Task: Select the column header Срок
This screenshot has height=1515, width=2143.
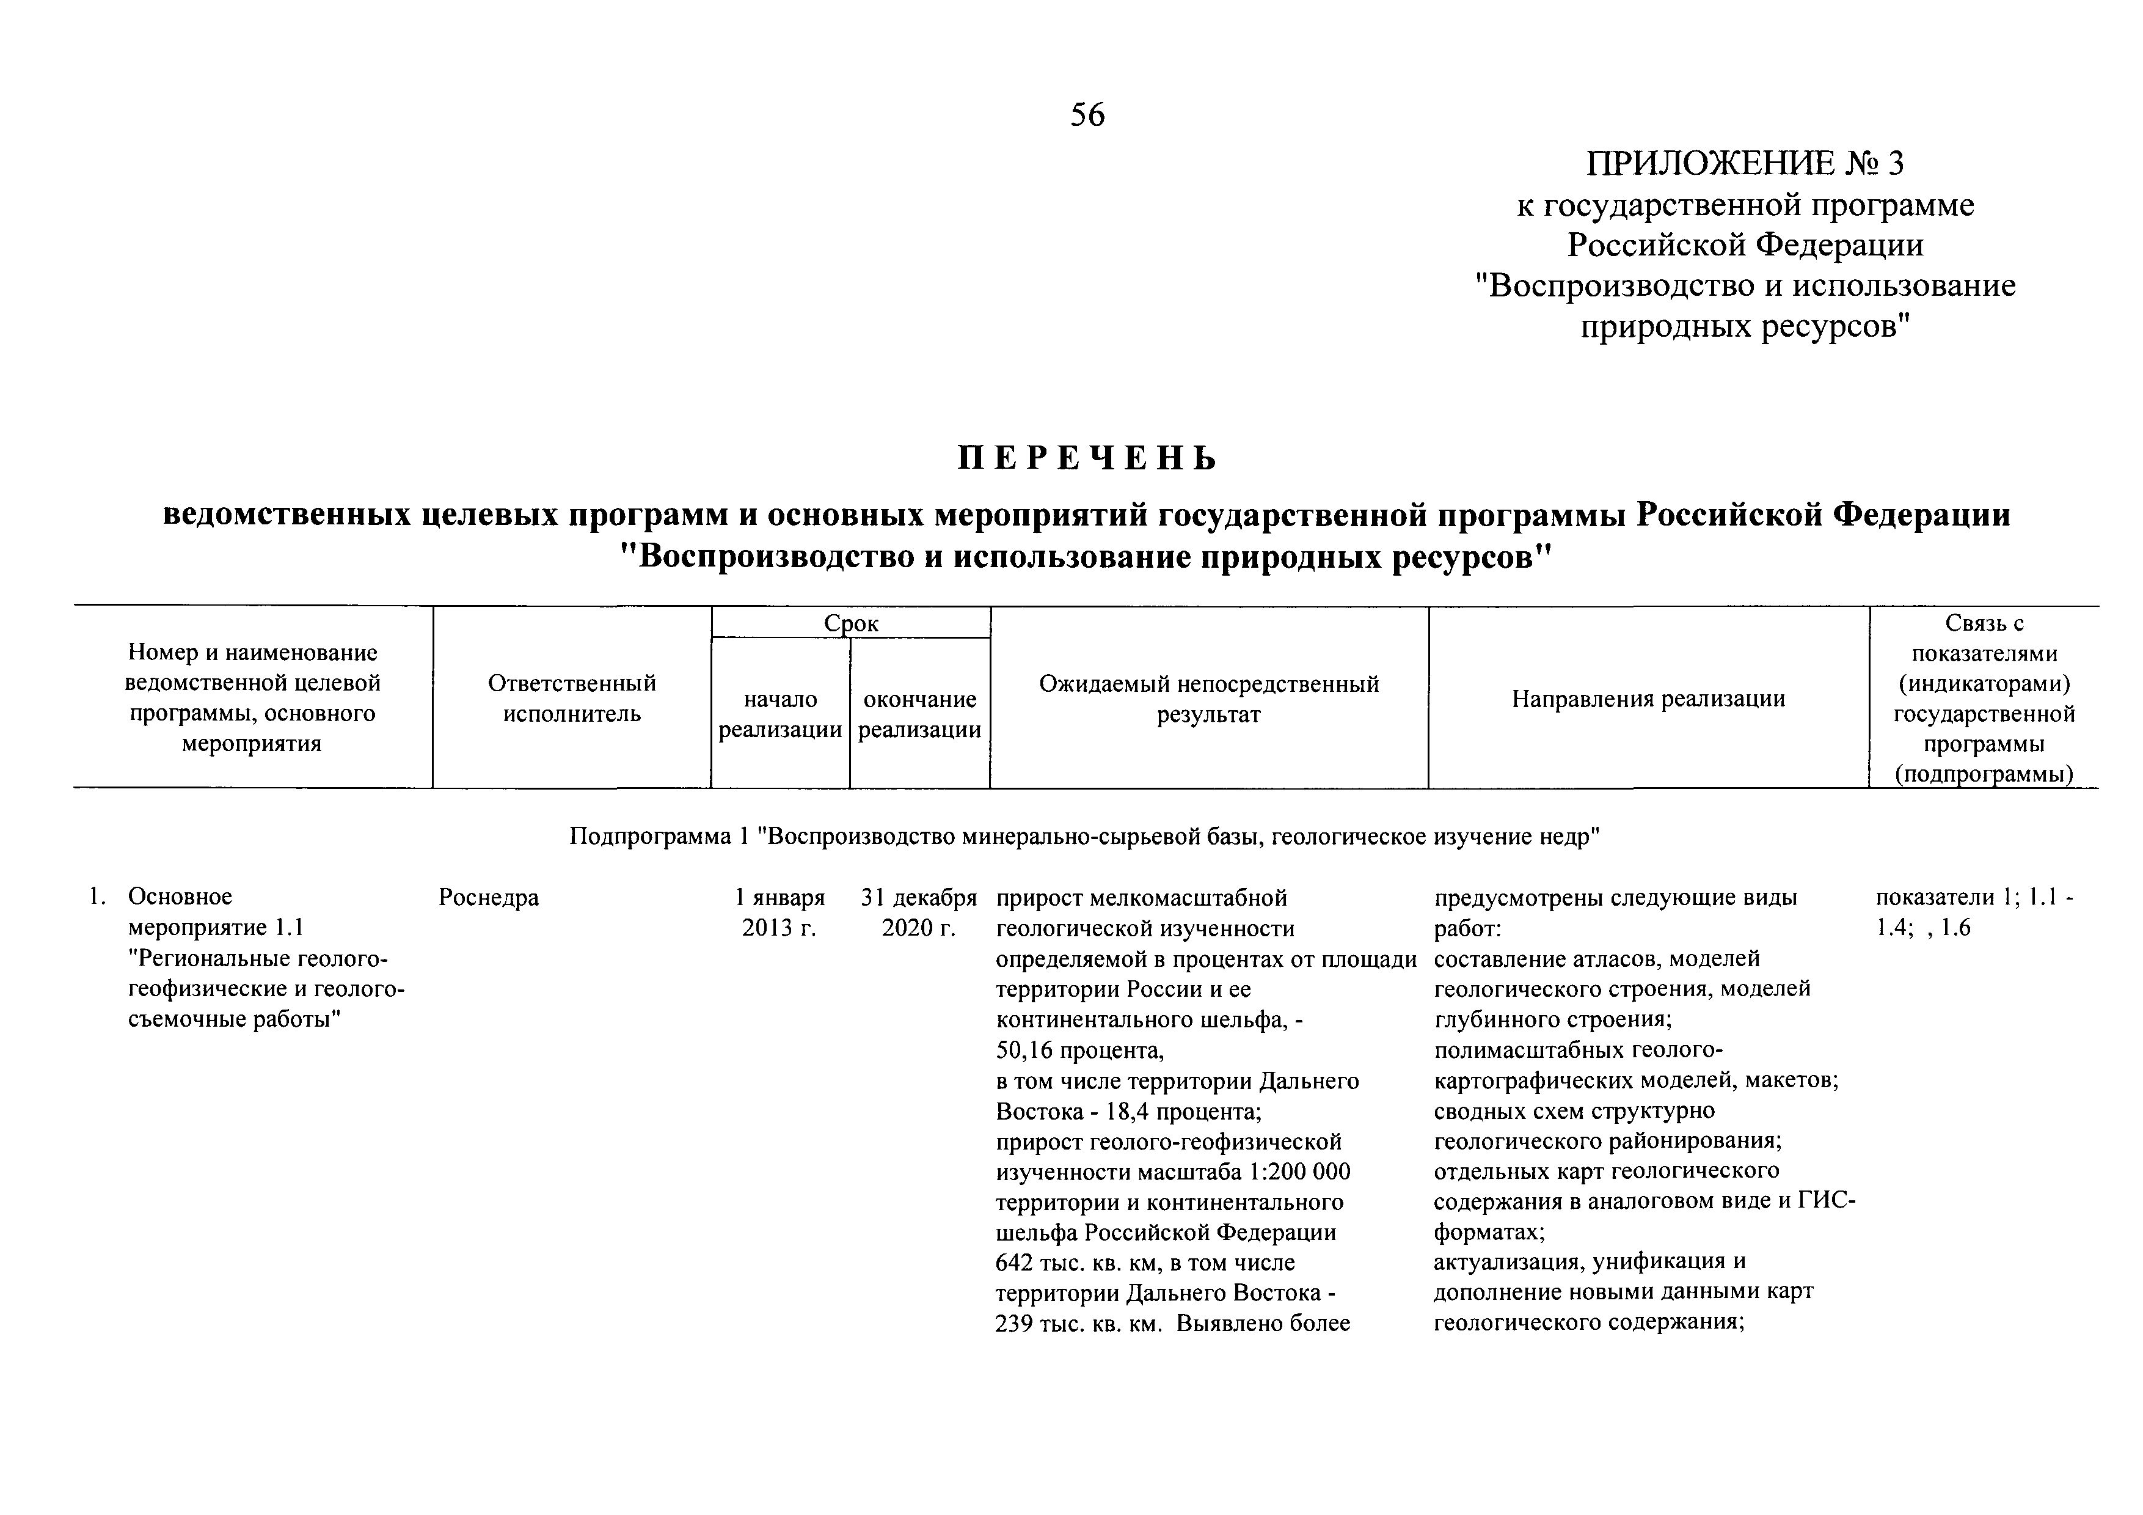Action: click(x=850, y=623)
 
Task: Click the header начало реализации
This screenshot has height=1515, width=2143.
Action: click(x=780, y=714)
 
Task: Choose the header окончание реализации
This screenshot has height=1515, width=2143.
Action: click(x=919, y=714)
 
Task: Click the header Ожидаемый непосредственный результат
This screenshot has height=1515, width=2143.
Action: click(x=1209, y=699)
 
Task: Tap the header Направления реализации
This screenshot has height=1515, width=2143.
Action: click(x=1648, y=699)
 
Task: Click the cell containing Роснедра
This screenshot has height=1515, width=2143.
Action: click(x=488, y=898)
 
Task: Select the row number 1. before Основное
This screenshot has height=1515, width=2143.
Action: click(x=95, y=898)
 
